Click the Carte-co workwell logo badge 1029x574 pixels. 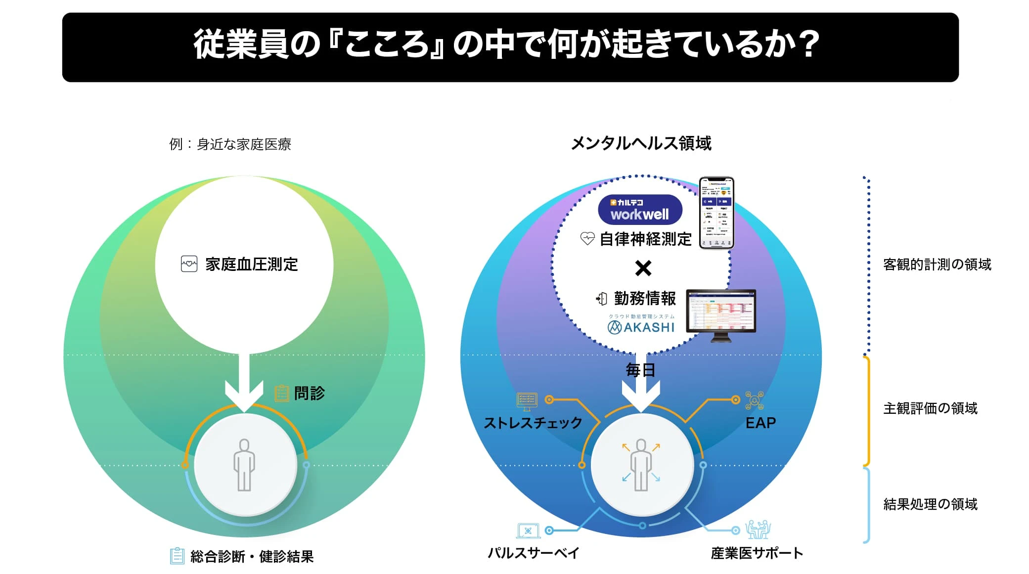[640, 210]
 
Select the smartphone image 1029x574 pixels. [716, 213]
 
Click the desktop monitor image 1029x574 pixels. [721, 314]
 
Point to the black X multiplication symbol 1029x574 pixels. [643, 268]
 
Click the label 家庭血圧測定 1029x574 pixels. [251, 265]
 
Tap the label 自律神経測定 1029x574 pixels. [645, 239]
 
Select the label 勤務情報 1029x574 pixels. [645, 298]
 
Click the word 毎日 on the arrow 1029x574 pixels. [640, 370]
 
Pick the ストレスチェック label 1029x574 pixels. [533, 423]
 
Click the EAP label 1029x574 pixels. [761, 423]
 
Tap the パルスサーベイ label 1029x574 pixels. [533, 553]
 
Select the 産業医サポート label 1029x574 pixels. [757, 553]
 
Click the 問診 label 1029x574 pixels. [309, 393]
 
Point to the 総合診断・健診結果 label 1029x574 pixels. [252, 557]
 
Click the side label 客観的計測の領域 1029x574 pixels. [937, 265]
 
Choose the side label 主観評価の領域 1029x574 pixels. [930, 408]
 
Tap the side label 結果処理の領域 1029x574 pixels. [930, 504]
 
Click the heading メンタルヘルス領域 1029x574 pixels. [641, 143]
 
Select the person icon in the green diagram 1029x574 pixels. [244, 465]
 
